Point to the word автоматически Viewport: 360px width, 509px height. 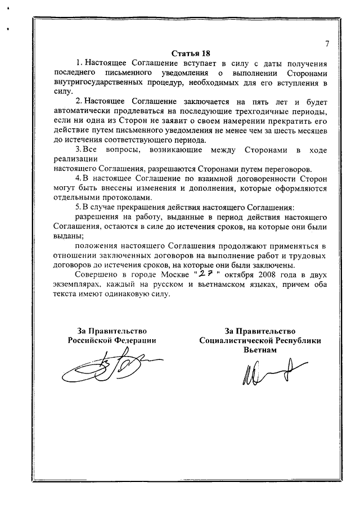click(79, 111)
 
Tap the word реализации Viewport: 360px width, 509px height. click(72, 159)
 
